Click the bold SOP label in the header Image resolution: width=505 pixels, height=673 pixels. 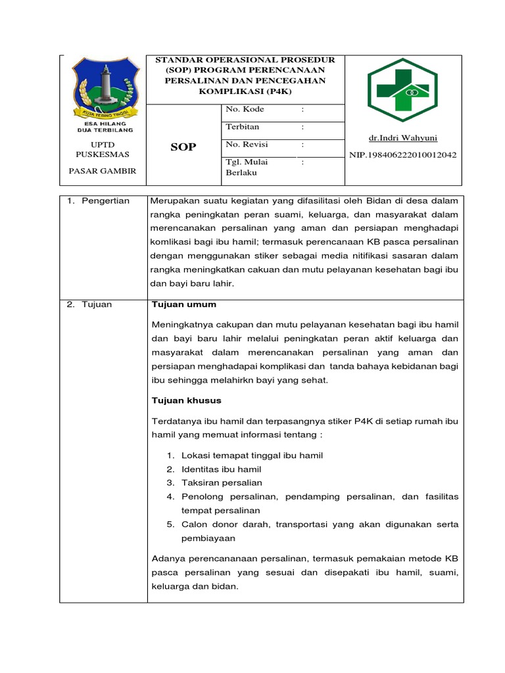pos(183,147)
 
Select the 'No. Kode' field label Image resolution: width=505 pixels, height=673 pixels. pos(245,109)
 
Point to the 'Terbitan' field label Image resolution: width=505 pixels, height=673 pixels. pos(243,127)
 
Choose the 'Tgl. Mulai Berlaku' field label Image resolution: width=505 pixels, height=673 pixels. pos(247,167)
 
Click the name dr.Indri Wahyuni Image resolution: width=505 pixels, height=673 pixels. pos(403,138)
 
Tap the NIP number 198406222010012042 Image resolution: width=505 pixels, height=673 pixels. pos(403,155)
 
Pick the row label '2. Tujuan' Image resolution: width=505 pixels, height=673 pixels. pos(90,304)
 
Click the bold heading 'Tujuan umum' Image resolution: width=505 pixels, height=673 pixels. pos(184,304)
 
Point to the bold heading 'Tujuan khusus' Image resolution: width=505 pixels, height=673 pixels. pos(187,400)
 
